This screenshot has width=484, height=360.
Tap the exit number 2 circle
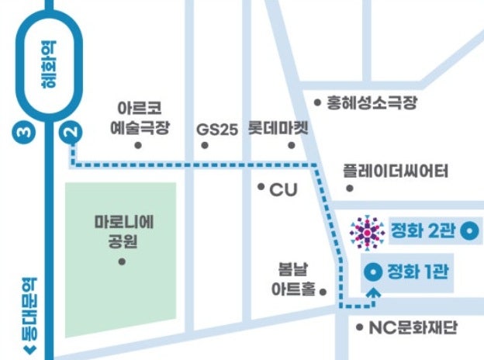click(72, 133)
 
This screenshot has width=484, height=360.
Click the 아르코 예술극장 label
click(140, 116)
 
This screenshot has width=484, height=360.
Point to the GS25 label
click(216, 129)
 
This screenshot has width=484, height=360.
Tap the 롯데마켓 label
click(278, 127)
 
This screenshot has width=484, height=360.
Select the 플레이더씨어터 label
click(396, 171)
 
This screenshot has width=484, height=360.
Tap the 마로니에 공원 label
click(122, 230)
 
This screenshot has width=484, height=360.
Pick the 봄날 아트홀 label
click(293, 279)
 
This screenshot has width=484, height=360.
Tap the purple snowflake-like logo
click(367, 230)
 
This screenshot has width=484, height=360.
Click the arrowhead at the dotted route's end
click(373, 292)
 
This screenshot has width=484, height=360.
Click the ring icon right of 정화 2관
click(468, 230)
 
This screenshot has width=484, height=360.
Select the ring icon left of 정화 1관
click(372, 272)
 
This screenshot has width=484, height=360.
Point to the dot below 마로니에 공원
click(122, 261)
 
